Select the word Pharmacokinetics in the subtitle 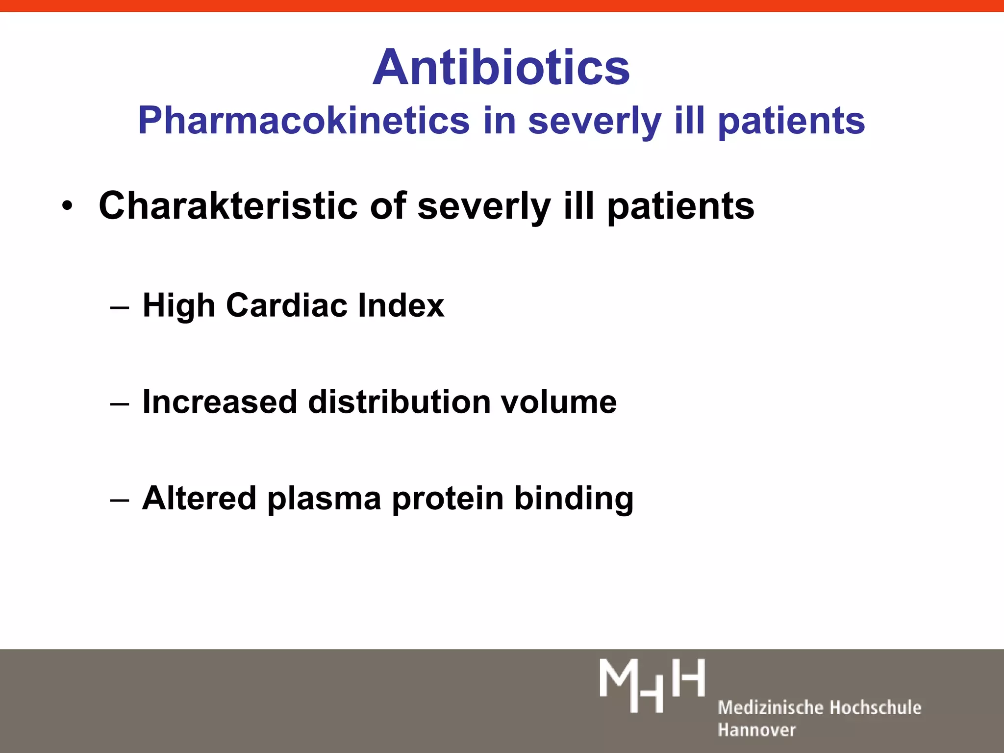304,121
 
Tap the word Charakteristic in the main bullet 228,206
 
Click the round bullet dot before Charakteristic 67,206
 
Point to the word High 178,305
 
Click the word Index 401,305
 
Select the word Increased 220,402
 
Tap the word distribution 400,402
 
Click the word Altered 199,499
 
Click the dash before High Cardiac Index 120,307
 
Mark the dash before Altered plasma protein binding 120,501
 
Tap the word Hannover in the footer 756,730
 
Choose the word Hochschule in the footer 876,707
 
